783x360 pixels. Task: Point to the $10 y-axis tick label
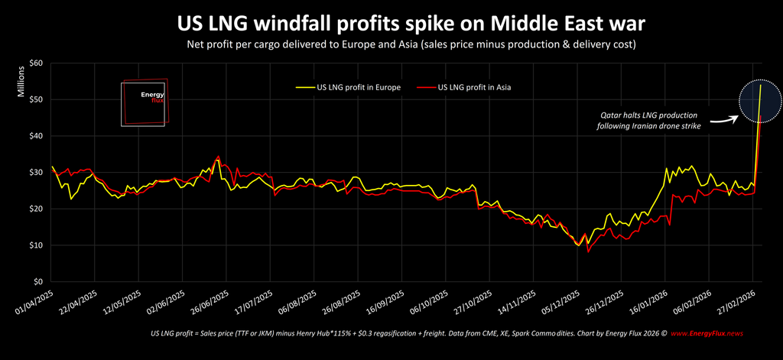tap(36, 245)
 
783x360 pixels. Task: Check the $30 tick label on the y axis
tap(36, 172)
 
